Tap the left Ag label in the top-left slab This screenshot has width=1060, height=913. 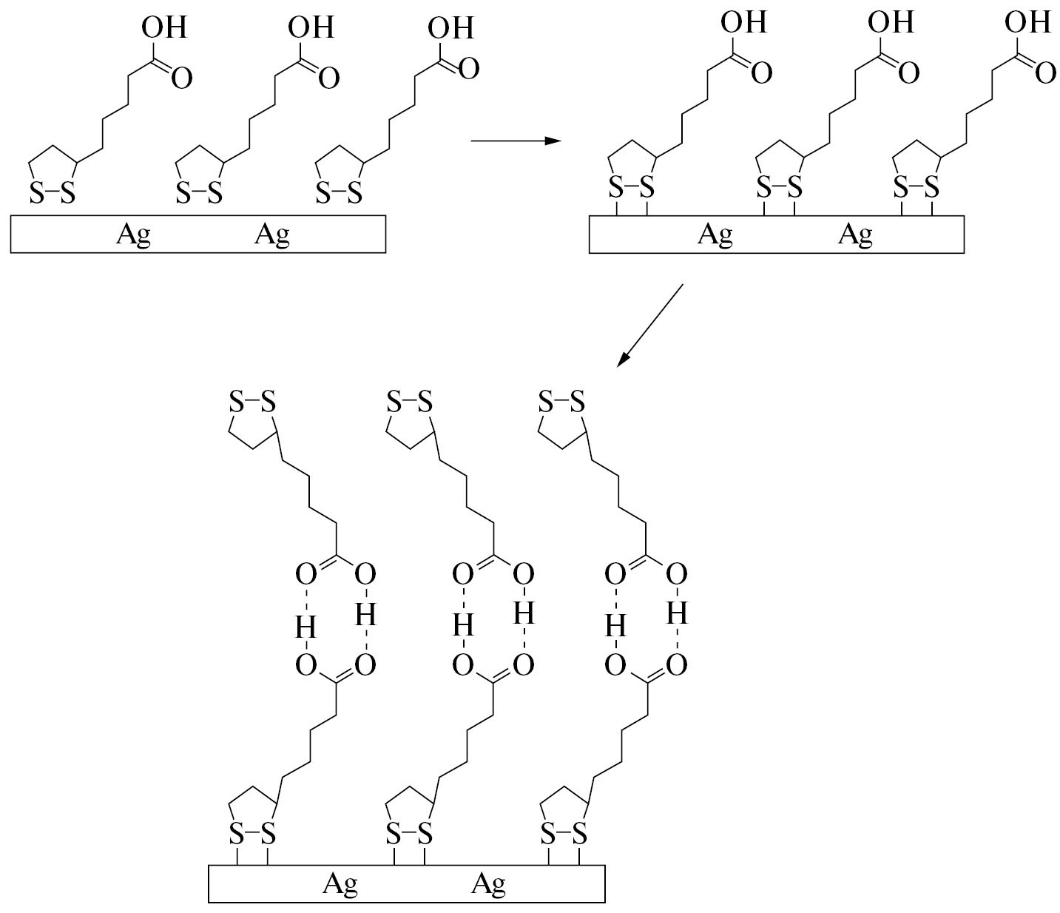click(x=134, y=235)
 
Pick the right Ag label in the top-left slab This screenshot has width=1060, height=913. click(x=272, y=235)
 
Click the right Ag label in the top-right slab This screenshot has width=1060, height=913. click(x=855, y=235)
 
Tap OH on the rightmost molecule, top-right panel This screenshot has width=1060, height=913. click(x=1027, y=23)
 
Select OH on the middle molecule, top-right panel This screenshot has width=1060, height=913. click(x=891, y=23)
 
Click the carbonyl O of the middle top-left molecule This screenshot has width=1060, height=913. click(x=328, y=77)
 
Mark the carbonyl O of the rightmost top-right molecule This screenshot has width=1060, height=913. click(x=1045, y=73)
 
